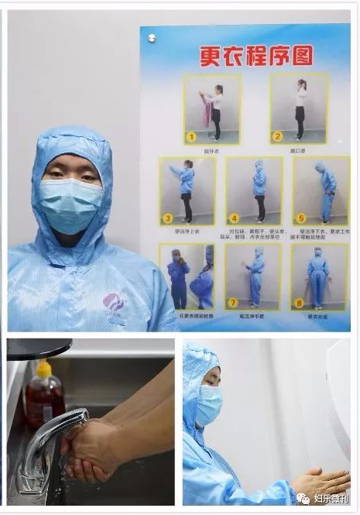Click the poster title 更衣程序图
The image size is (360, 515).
(x=244, y=56)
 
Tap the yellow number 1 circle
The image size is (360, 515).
(x=191, y=137)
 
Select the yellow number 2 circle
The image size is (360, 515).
(x=276, y=136)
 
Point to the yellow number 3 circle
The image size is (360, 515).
(x=167, y=218)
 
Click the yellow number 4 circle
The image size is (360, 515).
(x=235, y=218)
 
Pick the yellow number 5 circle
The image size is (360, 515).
(x=301, y=218)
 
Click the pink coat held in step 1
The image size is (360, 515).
(x=207, y=112)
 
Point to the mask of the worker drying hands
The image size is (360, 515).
(x=207, y=403)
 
